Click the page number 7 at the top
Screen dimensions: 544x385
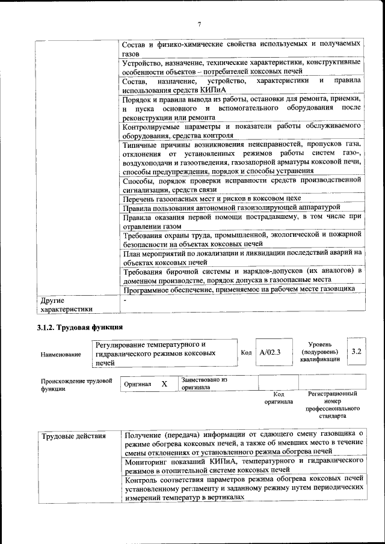pyautogui.click(x=199, y=24)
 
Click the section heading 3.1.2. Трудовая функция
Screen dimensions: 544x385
pyautogui.click(x=80, y=328)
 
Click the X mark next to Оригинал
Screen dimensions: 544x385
pyautogui.click(x=164, y=383)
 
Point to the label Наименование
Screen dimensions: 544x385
pyautogui.click(x=61, y=355)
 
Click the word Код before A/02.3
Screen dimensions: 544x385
pyautogui.click(x=246, y=352)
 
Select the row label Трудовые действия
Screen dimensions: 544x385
pyautogui.click(x=73, y=436)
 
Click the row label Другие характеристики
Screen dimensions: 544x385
pyautogui.click(x=66, y=304)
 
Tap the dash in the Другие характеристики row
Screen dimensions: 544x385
pyautogui.click(x=125, y=299)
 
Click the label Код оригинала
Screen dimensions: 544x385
pyautogui.click(x=279, y=397)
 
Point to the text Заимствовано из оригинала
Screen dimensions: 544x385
pyautogui.click(x=205, y=384)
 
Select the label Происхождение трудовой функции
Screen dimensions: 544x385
pyautogui.click(x=76, y=385)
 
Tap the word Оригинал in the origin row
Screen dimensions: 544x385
pyautogui.click(x=137, y=384)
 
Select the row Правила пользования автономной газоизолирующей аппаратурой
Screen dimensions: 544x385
pyautogui.click(x=232, y=208)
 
